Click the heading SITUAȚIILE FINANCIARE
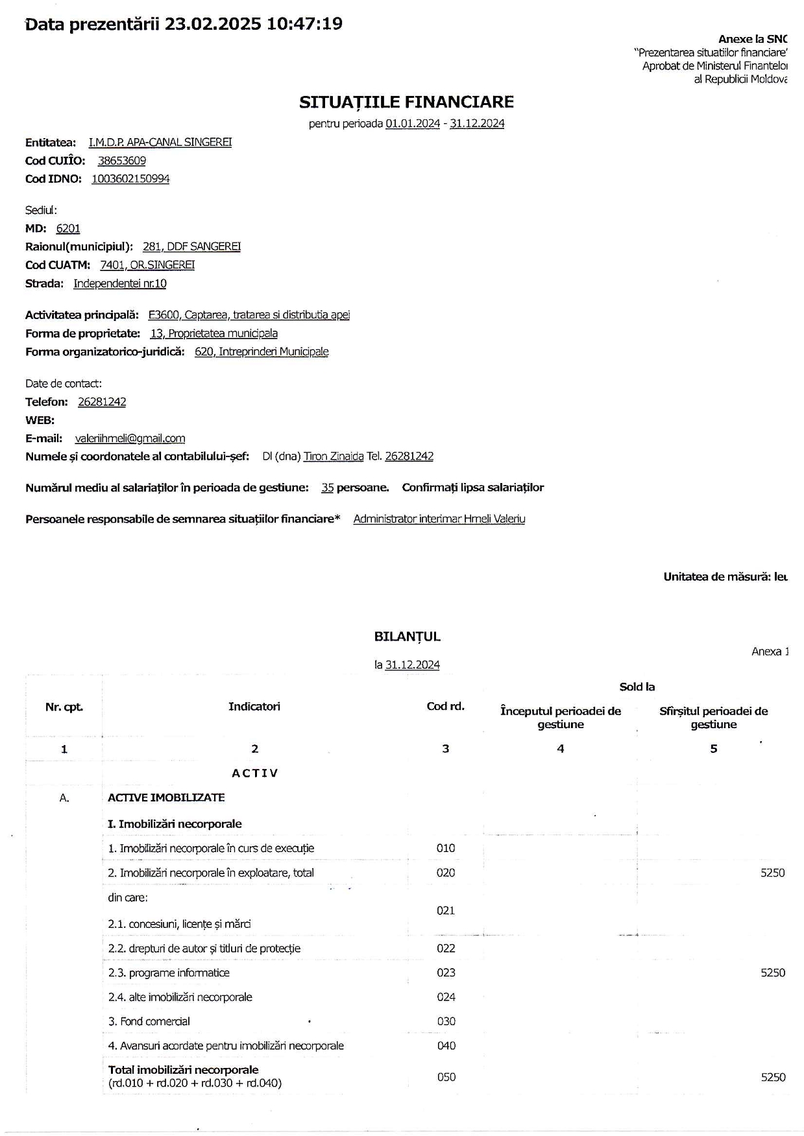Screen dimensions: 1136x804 pyautogui.click(x=406, y=102)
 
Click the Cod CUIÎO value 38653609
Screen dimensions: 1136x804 pyautogui.click(x=121, y=161)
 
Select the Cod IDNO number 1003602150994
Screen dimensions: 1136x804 pyautogui.click(x=130, y=179)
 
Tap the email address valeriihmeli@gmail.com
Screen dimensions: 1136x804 pyautogui.click(x=130, y=438)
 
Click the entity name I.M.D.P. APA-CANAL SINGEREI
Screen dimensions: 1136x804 pyautogui.click(x=160, y=142)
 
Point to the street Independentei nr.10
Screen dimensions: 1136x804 pyautogui.click(x=119, y=283)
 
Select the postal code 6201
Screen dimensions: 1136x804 pyautogui.click(x=68, y=228)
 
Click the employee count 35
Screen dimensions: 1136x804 pyautogui.click(x=327, y=488)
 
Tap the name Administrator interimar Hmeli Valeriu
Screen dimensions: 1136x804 pyautogui.click(x=439, y=519)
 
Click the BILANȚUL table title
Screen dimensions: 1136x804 pyautogui.click(x=407, y=637)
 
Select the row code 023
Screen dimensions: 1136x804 pyautogui.click(x=446, y=973)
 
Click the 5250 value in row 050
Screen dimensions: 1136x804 pyautogui.click(x=773, y=1077)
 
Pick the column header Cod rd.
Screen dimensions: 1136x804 pyautogui.click(x=445, y=707)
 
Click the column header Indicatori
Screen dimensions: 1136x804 pyautogui.click(x=254, y=707)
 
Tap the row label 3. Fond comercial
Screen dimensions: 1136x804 pyautogui.click(x=149, y=1021)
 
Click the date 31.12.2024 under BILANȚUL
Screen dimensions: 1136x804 pyautogui.click(x=412, y=665)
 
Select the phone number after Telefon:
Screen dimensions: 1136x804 pyautogui.click(x=102, y=402)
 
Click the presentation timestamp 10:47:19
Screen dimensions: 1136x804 pyautogui.click(x=304, y=24)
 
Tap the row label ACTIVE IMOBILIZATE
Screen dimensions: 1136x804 pyautogui.click(x=166, y=798)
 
